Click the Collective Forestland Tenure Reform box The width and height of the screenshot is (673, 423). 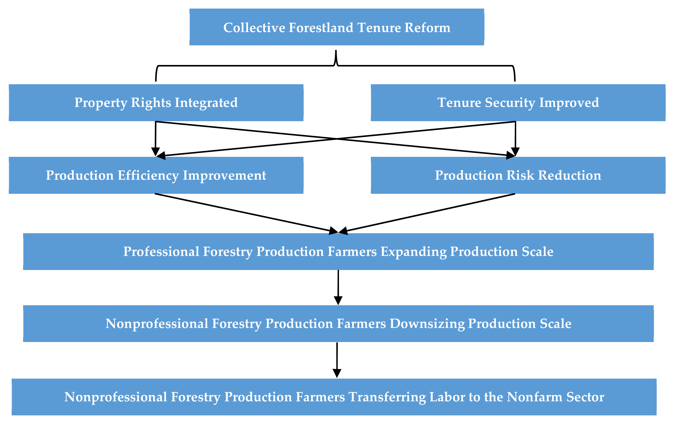click(336, 27)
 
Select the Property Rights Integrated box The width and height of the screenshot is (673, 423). click(156, 103)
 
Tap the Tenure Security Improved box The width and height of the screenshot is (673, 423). click(518, 103)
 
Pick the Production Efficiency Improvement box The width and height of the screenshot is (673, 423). click(156, 175)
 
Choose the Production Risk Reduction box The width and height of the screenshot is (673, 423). click(518, 175)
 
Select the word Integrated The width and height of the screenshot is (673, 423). click(206, 103)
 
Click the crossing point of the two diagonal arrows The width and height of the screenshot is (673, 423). click(336, 139)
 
